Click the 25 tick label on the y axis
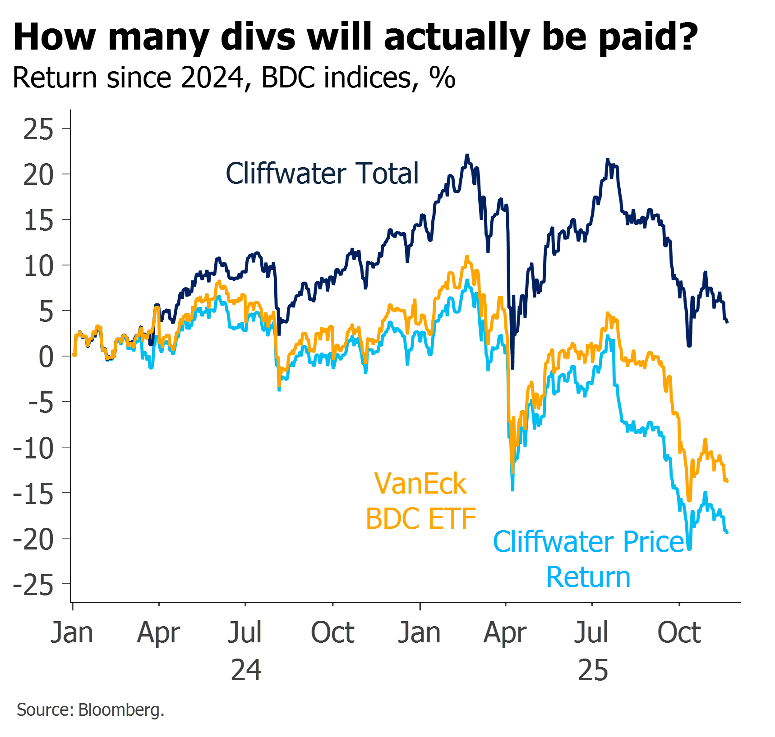(38, 130)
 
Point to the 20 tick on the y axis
(38, 175)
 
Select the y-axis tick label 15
(38, 221)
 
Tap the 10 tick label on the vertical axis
(38, 266)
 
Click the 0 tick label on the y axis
(46, 357)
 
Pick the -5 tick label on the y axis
(41, 403)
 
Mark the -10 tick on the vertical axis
(33, 449)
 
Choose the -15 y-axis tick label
(33, 494)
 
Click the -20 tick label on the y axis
(33, 540)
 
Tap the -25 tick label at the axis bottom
(33, 586)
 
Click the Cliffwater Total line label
(322, 174)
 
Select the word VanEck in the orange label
(420, 484)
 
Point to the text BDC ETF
(420, 518)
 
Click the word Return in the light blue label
(588, 577)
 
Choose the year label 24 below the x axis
(246, 670)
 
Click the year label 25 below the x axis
(593, 670)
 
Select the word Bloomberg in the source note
(121, 710)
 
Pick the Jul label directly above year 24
(244, 632)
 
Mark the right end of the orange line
(727, 481)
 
